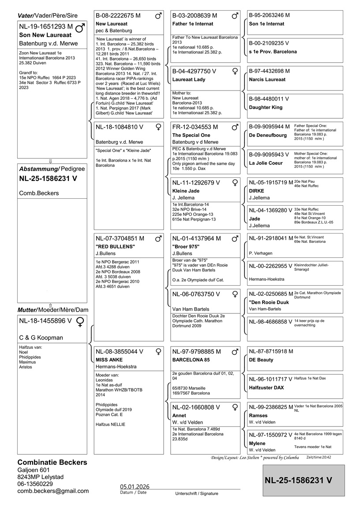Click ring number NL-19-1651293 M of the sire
tap(46, 26)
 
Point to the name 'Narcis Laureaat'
tap(267, 80)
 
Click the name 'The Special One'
tap(191, 135)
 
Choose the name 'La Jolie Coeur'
tap(266, 163)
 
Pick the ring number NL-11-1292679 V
tap(196, 183)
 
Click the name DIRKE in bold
tap(257, 191)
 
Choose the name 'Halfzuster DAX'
tap(266, 388)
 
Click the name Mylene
tap(257, 443)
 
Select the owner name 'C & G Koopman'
tap(41, 338)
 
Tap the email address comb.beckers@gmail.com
tap(53, 491)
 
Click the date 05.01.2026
tap(135, 486)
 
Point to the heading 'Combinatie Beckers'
tap(52, 463)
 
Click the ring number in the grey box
tap(299, 480)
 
